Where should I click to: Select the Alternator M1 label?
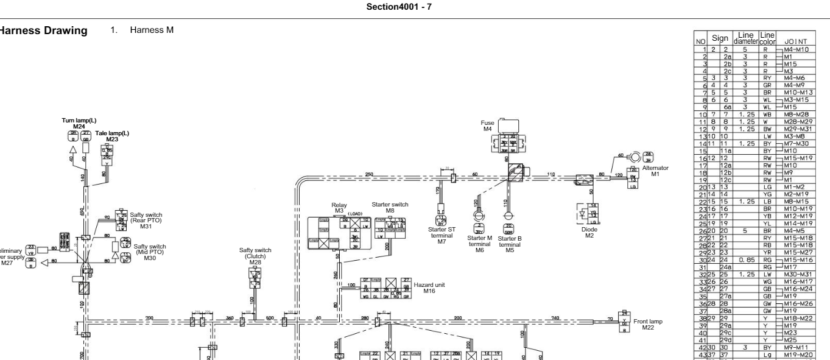655,171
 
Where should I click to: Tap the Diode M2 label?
588,232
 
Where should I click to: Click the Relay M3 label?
339,209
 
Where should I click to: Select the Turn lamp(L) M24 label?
76,124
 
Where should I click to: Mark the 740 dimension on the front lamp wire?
555,318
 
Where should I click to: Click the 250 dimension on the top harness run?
369,174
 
